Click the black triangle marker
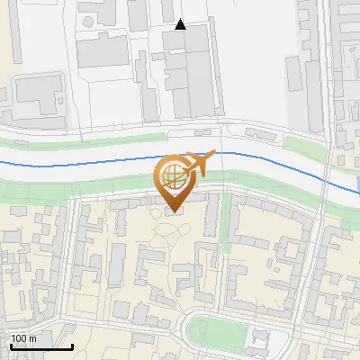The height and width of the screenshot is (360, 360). (180, 24)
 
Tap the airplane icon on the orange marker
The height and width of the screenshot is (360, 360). (197, 163)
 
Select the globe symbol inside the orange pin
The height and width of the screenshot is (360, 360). (173, 178)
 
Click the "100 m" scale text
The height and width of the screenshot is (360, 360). (23, 338)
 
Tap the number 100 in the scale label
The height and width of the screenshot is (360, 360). (19, 338)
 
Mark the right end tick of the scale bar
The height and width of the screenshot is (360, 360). (72, 346)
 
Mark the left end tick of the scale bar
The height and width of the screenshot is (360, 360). (11, 346)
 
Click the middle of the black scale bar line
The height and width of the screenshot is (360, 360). (41, 347)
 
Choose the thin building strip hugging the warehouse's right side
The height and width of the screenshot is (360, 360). (219, 76)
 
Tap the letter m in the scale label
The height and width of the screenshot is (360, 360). (32, 338)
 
